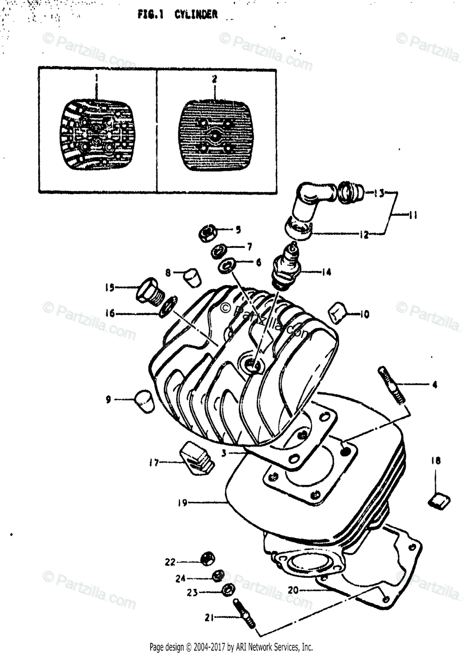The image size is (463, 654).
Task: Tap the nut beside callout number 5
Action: click(207, 233)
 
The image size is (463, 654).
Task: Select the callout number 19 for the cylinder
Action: click(182, 502)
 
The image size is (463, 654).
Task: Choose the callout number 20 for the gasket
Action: click(292, 589)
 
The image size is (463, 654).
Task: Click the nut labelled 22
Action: click(207, 558)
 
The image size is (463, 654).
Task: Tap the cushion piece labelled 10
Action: click(338, 313)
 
